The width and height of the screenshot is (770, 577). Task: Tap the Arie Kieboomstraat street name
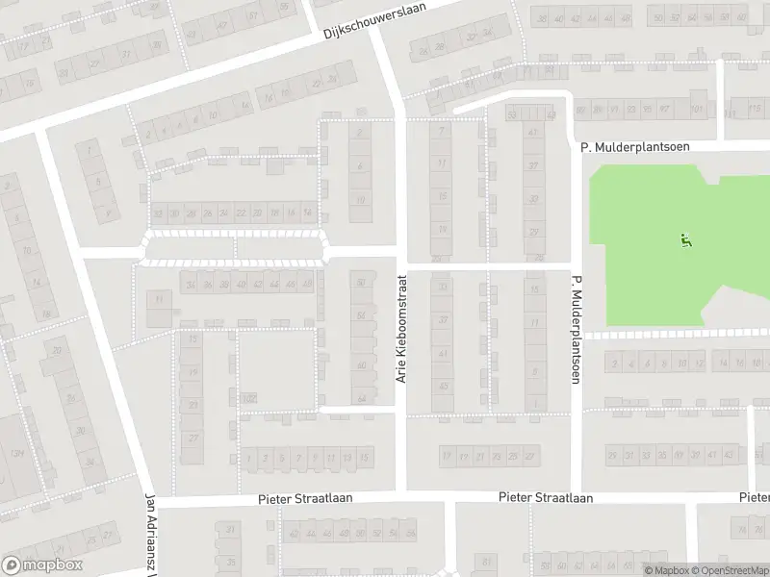402,328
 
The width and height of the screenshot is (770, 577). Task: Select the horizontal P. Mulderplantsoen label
636,147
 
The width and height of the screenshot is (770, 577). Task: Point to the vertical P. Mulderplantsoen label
577,330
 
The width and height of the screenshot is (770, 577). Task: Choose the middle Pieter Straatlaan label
546,498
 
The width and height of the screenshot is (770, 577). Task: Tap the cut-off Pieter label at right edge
755,497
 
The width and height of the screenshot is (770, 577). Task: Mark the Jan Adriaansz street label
149,534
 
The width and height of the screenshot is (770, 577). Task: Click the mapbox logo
42,565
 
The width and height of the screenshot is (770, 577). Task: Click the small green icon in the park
685,241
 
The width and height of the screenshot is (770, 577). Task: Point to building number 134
17,453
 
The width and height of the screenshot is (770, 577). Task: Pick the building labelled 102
249,397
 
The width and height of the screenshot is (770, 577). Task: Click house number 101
696,110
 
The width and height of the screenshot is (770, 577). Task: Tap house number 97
664,110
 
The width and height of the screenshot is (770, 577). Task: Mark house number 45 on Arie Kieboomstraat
443,386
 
